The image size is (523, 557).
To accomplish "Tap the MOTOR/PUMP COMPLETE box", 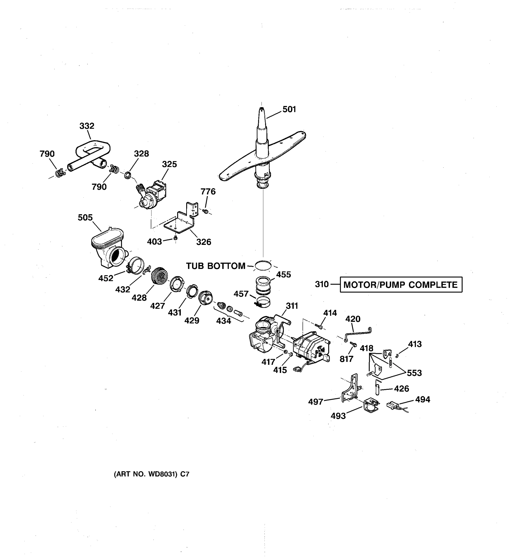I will [x=401, y=285].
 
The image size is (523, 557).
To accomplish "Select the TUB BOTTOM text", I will [x=215, y=266].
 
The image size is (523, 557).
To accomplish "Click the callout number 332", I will [x=87, y=126].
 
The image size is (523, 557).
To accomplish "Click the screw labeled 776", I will [x=205, y=211].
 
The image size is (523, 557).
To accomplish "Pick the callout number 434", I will [x=223, y=321].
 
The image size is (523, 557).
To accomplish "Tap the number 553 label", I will [x=414, y=373].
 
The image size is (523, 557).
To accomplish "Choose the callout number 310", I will [x=321, y=284].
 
